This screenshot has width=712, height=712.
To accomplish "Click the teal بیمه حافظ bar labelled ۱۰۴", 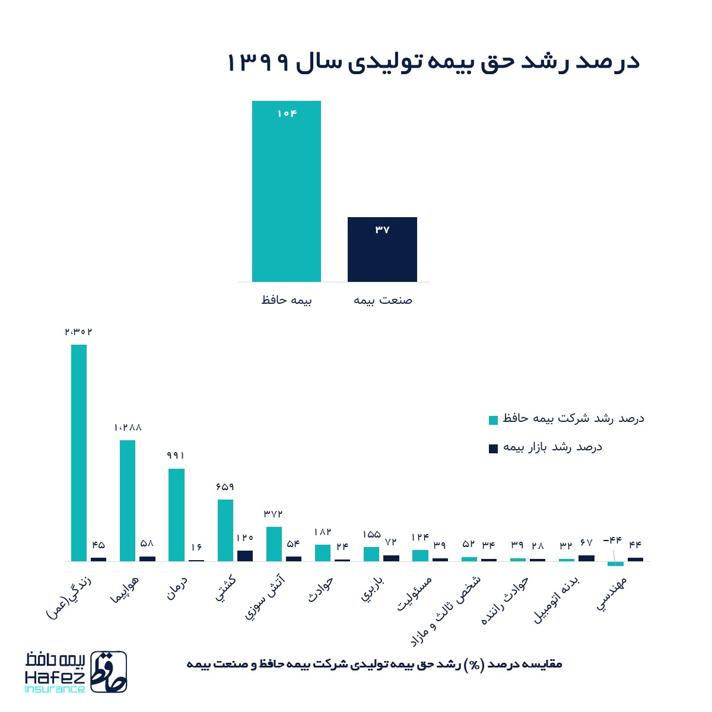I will (x=286, y=191).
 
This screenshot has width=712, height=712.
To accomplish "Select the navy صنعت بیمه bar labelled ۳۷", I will (x=382, y=249).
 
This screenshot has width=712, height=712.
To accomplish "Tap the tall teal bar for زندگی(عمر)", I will (x=79, y=452).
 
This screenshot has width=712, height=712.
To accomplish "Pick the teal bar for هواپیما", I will (x=128, y=500).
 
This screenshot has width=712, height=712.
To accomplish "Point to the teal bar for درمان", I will (x=176, y=514).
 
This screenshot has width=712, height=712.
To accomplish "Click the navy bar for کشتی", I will (x=244, y=555).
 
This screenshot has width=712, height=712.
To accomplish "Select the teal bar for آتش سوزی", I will (x=274, y=543).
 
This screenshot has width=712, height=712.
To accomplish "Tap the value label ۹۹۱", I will (x=176, y=456).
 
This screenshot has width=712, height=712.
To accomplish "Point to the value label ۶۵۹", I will (x=225, y=487).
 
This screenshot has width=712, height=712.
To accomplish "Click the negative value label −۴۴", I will (x=612, y=540).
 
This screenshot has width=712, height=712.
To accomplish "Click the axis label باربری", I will (x=372, y=588).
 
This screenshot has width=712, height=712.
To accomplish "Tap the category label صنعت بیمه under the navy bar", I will (x=383, y=300).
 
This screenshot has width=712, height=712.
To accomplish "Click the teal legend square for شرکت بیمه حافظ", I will (x=493, y=420).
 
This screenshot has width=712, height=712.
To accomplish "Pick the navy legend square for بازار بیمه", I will (x=493, y=449).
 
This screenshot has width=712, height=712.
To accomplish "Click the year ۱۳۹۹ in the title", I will (x=258, y=63).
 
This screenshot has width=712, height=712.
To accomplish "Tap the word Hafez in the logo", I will (x=55, y=677).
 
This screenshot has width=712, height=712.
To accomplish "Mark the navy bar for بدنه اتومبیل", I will (x=586, y=558).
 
